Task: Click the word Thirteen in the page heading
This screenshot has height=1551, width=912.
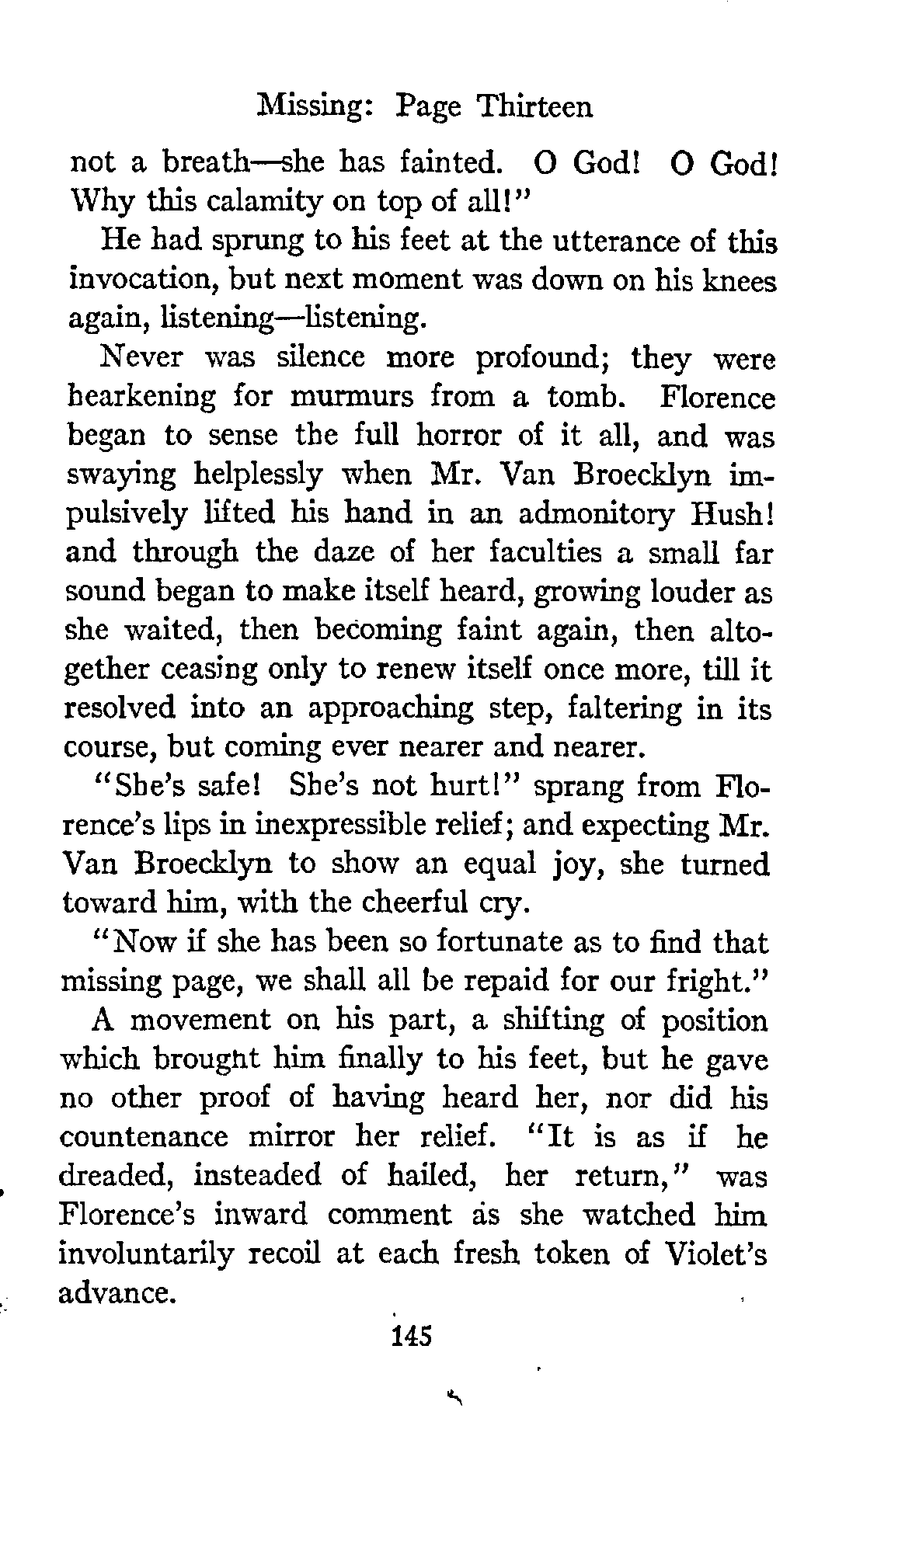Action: point(535,106)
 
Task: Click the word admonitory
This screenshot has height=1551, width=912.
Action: point(592,514)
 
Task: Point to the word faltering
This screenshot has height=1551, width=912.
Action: point(622,709)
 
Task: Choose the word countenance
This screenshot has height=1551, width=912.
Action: point(144,1138)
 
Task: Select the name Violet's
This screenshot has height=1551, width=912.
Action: point(715,1254)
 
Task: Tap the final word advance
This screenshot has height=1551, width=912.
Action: point(115,1293)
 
